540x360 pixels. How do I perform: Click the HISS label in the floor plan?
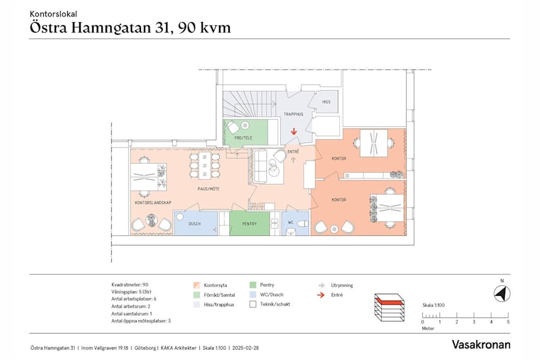(326, 102)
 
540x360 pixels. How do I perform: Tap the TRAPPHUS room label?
(293, 113)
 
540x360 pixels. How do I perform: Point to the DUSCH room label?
(194, 224)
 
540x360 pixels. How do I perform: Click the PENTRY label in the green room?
(249, 224)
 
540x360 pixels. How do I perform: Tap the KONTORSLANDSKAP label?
(153, 203)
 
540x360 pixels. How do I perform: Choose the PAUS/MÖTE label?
(208, 188)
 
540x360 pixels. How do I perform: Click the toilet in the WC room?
(302, 224)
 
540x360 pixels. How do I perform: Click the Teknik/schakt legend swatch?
(253, 305)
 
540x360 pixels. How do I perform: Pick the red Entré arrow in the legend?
(322, 295)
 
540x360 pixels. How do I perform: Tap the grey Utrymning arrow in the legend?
(322, 286)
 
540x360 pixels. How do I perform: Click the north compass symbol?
(502, 294)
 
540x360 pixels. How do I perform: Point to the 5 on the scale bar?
(508, 322)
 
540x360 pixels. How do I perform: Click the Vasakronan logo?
(481, 344)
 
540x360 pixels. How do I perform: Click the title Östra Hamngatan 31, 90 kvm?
(130, 28)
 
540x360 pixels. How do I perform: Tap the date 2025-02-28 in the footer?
(245, 347)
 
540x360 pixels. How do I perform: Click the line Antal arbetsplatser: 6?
(134, 299)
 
